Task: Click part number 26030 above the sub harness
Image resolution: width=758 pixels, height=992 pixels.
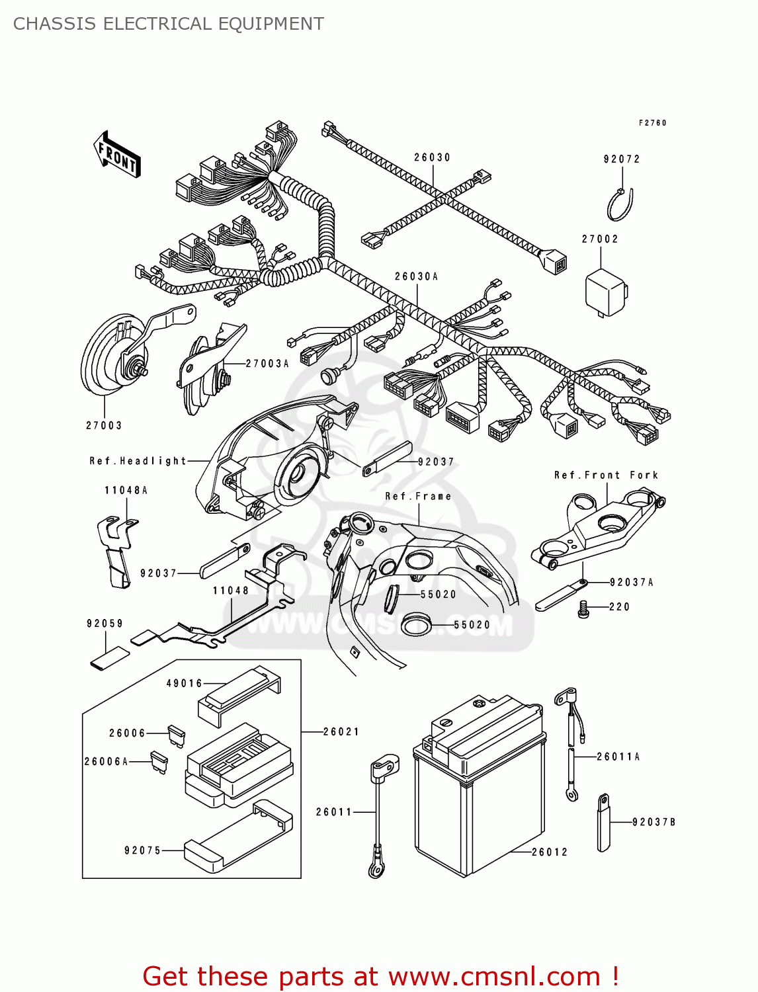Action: click(x=432, y=157)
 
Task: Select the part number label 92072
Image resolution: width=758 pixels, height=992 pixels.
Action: click(x=622, y=159)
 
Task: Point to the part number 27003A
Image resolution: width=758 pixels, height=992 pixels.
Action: click(x=267, y=364)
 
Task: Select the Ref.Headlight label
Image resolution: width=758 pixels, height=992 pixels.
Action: click(x=138, y=461)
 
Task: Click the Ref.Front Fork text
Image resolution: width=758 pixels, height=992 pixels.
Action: click(x=606, y=475)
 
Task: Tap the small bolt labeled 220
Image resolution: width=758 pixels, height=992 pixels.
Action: click(x=583, y=608)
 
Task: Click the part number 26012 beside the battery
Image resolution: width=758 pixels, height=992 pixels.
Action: click(x=550, y=852)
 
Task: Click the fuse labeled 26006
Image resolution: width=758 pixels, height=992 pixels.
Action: click(x=177, y=735)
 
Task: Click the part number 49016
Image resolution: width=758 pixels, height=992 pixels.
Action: click(x=184, y=683)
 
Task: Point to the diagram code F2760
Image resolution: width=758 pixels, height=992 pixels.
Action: click(x=652, y=123)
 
